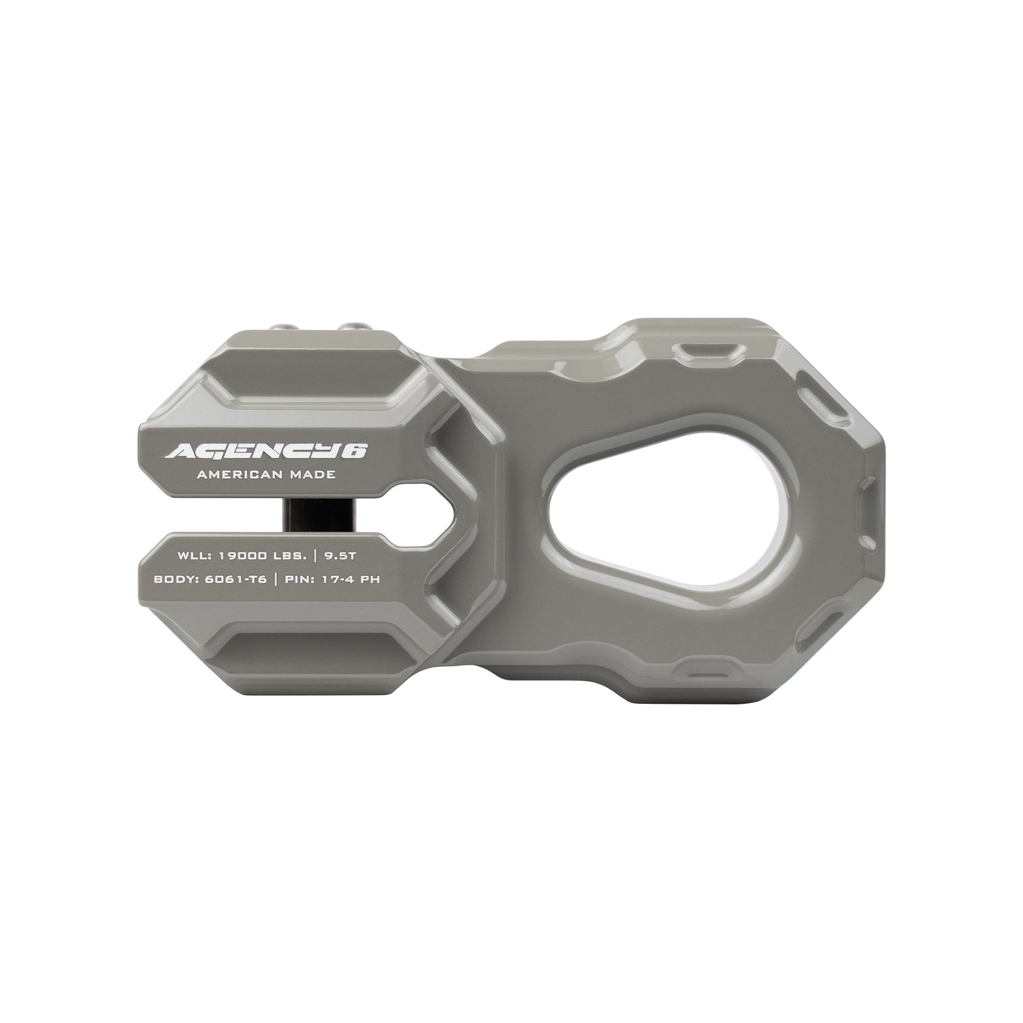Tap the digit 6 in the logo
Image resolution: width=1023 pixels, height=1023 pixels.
click(357, 451)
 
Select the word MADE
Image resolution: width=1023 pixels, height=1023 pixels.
click(314, 475)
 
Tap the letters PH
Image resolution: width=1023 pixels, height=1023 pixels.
click(371, 579)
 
